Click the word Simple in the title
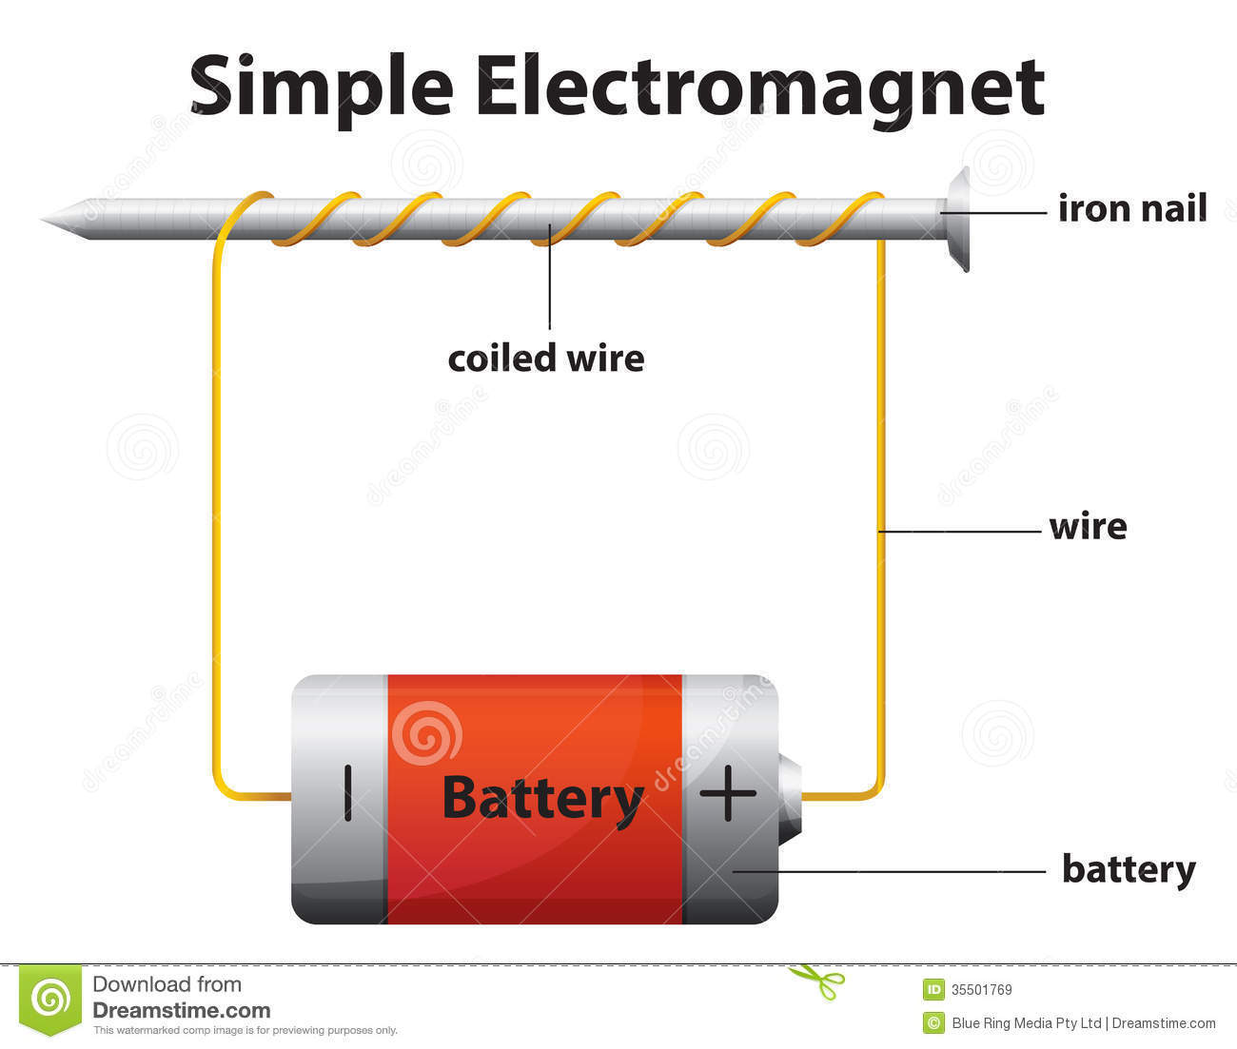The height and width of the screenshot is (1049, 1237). click(321, 87)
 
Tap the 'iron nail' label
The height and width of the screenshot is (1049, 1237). click(1132, 207)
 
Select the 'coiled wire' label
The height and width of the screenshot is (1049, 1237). click(545, 359)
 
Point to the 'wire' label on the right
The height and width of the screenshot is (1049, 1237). click(1088, 526)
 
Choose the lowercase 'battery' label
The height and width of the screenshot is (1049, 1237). click(1129, 869)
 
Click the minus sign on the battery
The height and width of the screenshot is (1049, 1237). click(348, 792)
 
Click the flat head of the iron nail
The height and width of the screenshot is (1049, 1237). click(959, 219)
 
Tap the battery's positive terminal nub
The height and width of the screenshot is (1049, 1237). click(790, 797)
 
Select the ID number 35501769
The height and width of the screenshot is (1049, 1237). click(982, 990)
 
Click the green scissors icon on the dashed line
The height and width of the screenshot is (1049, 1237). click(816, 981)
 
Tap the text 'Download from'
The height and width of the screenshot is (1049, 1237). click(167, 984)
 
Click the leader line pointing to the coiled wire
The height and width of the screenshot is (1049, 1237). click(550, 285)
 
